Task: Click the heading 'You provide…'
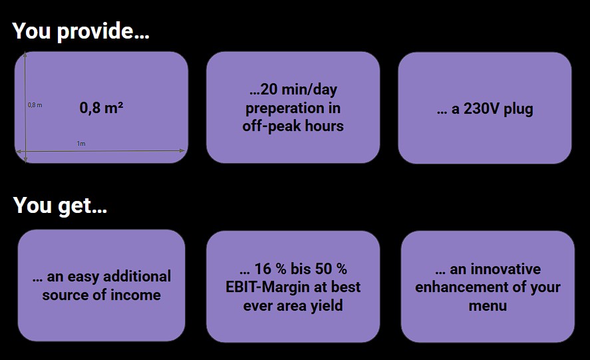tap(81, 31)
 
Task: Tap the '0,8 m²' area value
tap(101, 108)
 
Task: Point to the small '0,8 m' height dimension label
tap(35, 105)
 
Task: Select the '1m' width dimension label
tap(81, 144)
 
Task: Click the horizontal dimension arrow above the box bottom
tap(100, 151)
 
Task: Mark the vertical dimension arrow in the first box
tap(25, 107)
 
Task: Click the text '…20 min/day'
tap(293, 90)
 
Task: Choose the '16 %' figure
tap(271, 269)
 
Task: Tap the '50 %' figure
tap(331, 269)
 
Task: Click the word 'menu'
tap(488, 306)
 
